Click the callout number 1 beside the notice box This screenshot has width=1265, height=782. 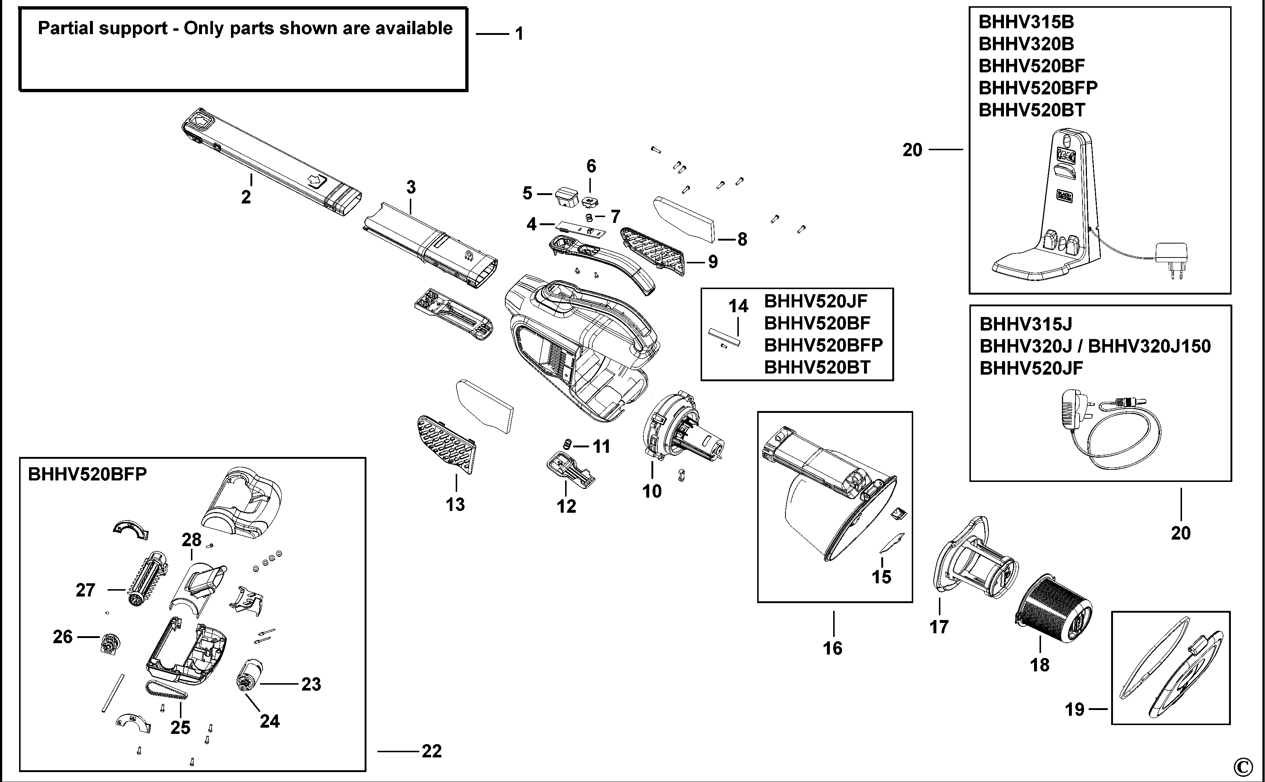519,34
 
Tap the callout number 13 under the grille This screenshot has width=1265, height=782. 455,504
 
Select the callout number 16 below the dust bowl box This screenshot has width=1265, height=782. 832,648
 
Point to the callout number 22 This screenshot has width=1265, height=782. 432,751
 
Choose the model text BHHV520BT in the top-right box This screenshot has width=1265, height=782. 1031,110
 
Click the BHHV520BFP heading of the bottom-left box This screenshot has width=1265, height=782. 87,474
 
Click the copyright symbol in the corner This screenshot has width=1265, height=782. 1242,767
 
